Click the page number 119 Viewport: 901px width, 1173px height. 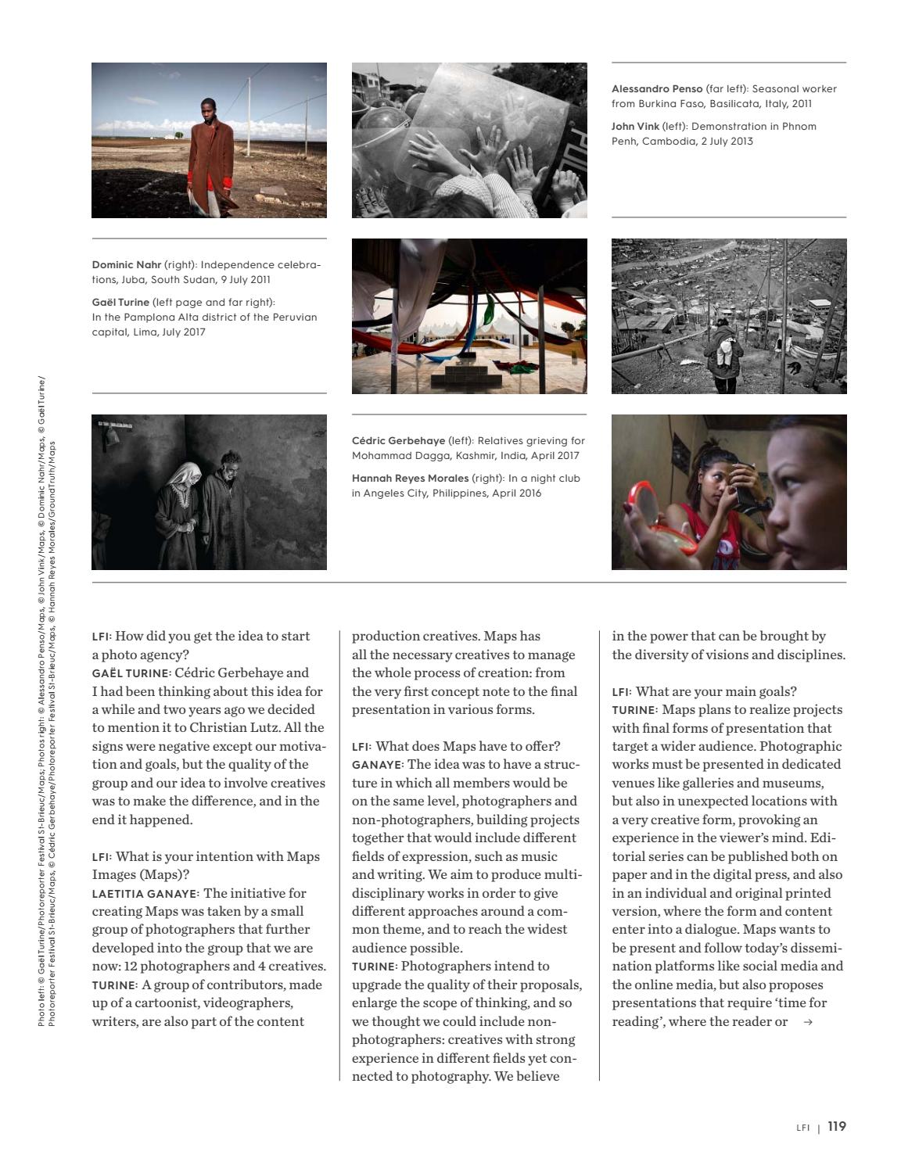pos(837,1127)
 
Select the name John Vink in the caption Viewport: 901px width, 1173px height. pos(635,127)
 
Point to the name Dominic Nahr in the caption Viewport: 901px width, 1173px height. pos(126,265)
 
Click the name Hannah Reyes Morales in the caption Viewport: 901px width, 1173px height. pos(410,479)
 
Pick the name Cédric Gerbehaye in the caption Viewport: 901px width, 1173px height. pos(398,441)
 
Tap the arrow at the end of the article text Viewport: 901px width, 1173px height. pos(808,1022)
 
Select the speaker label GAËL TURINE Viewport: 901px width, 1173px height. pos(131,673)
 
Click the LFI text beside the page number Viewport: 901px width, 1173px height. pos(802,1128)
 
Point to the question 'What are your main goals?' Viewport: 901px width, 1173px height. pos(716,692)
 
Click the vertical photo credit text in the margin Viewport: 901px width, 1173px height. pos(47,704)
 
